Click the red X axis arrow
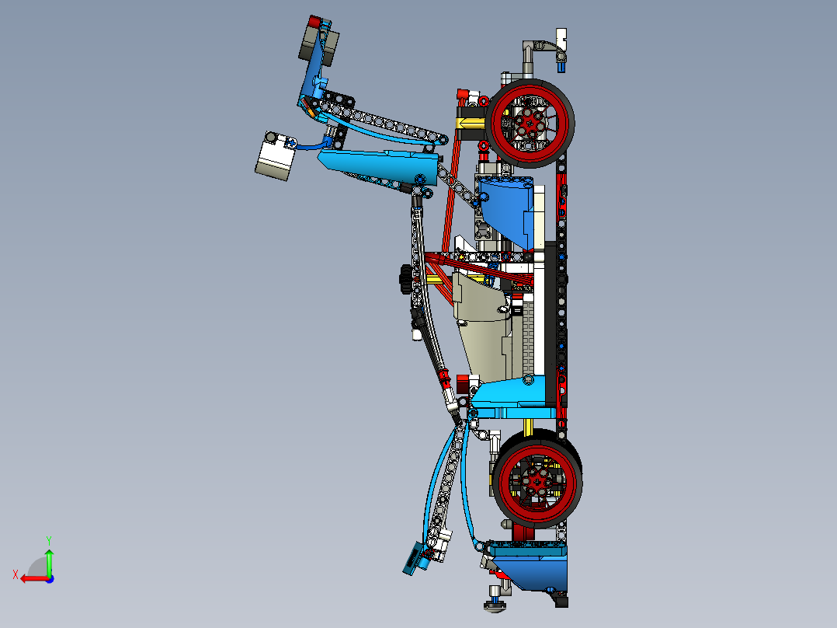point(32,578)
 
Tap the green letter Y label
point(48,539)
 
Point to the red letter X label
point(15,574)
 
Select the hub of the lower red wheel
point(536,482)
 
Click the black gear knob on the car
point(405,279)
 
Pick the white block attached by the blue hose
point(274,158)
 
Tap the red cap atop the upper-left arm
point(314,22)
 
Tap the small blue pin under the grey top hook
point(559,68)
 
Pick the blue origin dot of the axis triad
point(49,579)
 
